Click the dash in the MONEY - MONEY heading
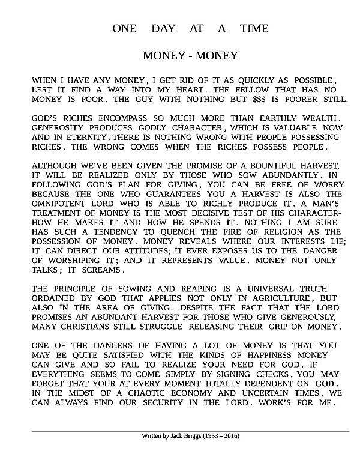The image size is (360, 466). [190, 56]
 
